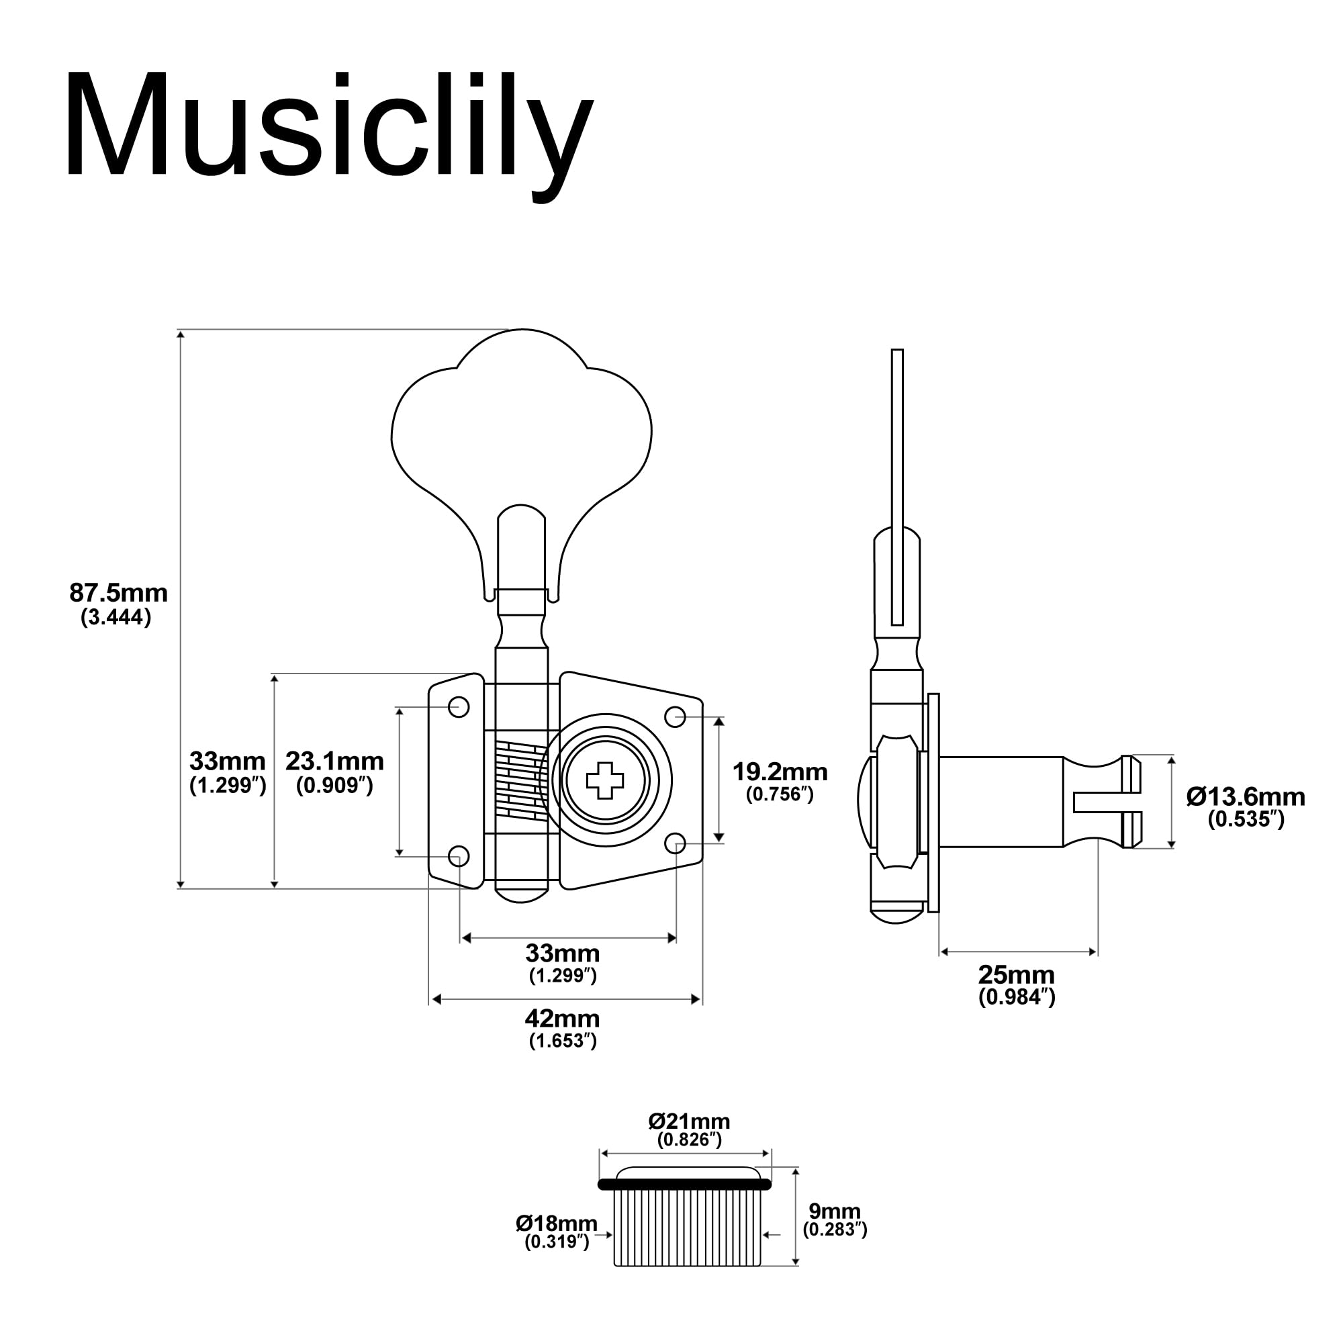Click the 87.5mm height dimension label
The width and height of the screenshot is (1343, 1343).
coord(118,593)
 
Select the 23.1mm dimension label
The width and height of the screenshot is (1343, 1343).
coord(334,761)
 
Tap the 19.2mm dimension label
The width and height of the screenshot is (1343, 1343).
coord(780,772)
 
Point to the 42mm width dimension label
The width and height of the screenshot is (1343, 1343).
coord(561,1019)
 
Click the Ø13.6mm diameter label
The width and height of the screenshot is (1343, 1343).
coord(1246,796)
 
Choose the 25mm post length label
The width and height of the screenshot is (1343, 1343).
coord(1016,974)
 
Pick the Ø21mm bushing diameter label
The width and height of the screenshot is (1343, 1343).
coord(689,1121)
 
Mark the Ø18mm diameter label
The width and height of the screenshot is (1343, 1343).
coord(556,1223)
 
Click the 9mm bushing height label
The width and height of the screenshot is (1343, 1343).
coord(834,1210)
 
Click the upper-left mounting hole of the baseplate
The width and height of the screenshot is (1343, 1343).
coord(459,707)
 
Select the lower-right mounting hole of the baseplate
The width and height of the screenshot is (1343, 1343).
coord(676,844)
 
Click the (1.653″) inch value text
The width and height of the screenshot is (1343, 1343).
coord(562,1041)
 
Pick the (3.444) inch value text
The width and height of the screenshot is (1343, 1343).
coord(116,617)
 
